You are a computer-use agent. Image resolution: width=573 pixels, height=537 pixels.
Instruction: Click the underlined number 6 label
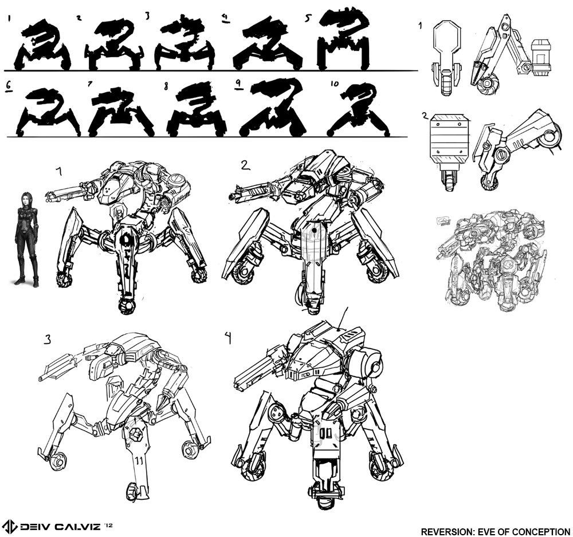(9, 85)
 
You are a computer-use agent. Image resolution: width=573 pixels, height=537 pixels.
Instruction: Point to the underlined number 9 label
(238, 84)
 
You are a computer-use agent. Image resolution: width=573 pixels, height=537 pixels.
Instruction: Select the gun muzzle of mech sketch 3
(40, 378)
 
